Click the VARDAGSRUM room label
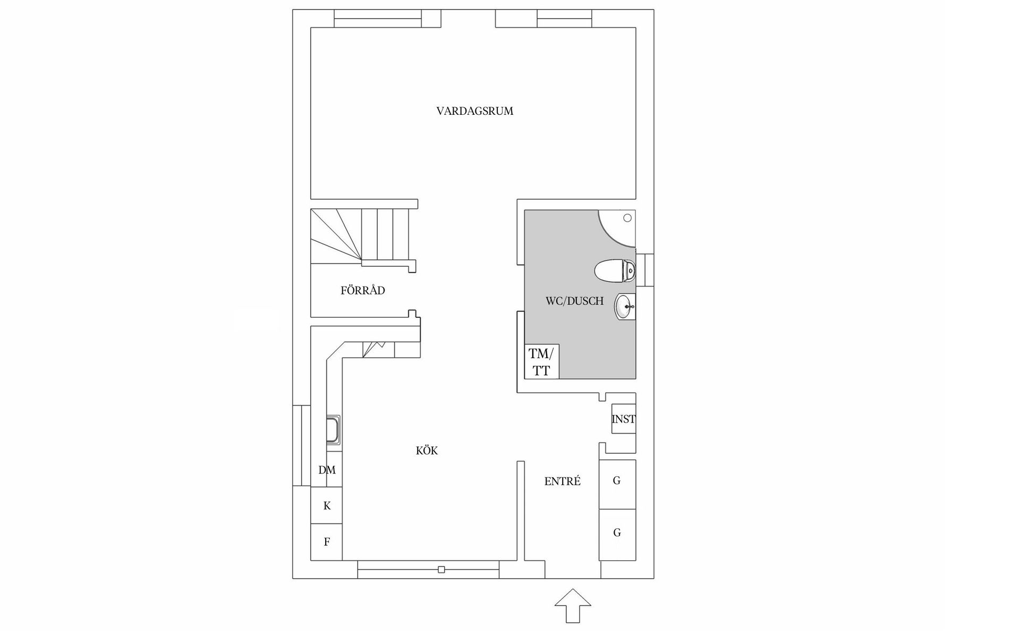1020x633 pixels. click(x=474, y=111)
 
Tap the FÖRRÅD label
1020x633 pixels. click(x=362, y=291)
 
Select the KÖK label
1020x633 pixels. click(x=427, y=451)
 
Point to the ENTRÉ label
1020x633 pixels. click(x=562, y=482)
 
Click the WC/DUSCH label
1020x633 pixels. click(x=574, y=301)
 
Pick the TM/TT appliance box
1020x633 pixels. click(x=541, y=361)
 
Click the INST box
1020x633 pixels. click(x=623, y=419)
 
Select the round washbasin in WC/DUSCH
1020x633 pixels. click(x=625, y=307)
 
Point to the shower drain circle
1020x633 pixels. click(x=627, y=218)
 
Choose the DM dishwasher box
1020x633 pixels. click(x=327, y=470)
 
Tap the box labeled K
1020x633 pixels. click(x=327, y=505)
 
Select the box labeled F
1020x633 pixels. click(x=327, y=542)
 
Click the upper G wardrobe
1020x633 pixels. click(x=617, y=481)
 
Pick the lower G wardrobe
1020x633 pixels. click(x=617, y=533)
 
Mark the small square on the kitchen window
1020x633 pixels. click(x=441, y=570)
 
